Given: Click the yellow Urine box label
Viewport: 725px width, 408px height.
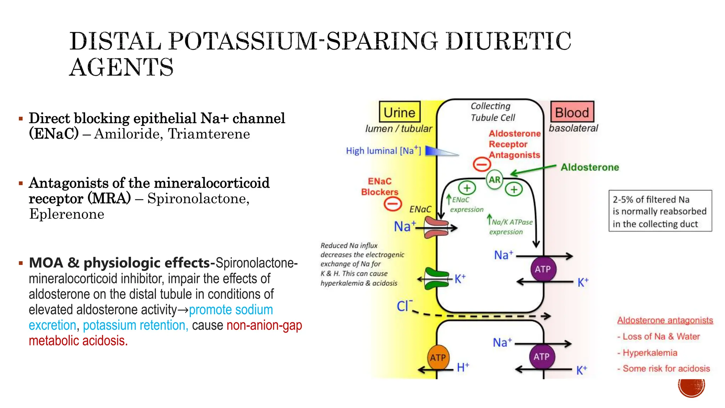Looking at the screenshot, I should [x=399, y=112].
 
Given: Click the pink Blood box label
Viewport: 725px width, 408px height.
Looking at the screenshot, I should [x=572, y=112].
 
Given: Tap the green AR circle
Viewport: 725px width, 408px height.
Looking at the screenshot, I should [x=495, y=180].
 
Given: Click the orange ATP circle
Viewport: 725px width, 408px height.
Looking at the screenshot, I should [x=438, y=358].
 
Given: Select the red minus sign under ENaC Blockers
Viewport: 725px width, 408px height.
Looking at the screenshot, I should [x=393, y=204].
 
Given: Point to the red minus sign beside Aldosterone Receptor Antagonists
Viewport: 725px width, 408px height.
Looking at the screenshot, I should [x=482, y=164].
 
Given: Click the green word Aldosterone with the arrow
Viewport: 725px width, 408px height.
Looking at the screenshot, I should [x=590, y=167].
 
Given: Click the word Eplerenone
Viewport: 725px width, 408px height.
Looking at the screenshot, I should [x=67, y=214].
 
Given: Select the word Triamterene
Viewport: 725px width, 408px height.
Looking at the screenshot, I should [x=209, y=134].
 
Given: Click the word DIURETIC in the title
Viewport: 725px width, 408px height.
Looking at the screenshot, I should [x=508, y=41].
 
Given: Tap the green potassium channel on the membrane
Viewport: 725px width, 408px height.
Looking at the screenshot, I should [x=436, y=279].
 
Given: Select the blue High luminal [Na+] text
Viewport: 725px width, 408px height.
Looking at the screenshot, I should [x=383, y=151].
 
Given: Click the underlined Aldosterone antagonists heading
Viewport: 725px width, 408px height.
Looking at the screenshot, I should [x=665, y=320].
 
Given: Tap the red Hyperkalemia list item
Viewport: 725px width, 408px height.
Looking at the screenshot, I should [x=650, y=353].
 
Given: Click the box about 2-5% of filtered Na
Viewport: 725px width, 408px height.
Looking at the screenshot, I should [x=660, y=211].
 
